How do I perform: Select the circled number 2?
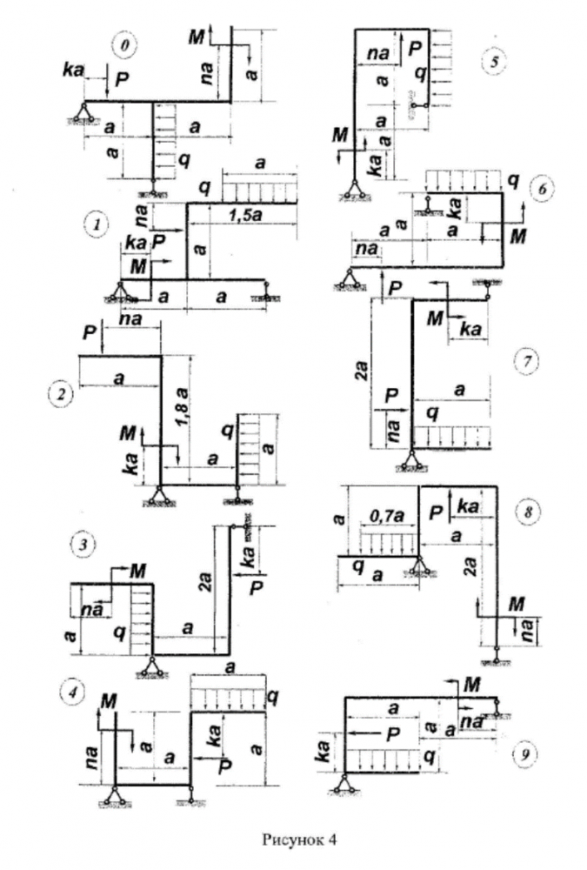[62, 395]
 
